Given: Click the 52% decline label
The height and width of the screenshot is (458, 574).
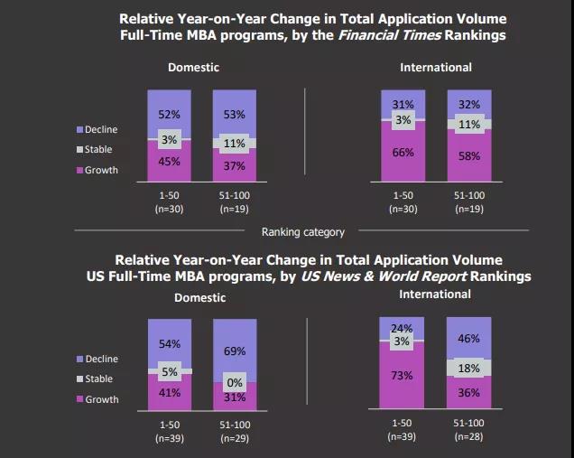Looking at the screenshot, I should pos(169,115).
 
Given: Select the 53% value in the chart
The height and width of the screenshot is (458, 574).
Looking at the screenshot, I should pos(234,115).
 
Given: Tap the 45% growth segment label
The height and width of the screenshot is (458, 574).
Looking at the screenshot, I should pos(169,162).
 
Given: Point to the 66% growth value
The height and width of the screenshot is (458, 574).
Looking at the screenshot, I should pos(403,154).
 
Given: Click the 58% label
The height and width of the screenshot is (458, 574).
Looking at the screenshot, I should pos(468,157).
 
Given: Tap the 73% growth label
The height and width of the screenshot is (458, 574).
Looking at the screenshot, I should pos(403,376).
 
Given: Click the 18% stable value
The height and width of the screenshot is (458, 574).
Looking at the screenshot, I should pos(468,368).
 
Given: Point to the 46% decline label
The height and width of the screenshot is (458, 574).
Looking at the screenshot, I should pos(468,339).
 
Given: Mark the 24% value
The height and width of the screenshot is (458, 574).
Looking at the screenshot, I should pos(403,328).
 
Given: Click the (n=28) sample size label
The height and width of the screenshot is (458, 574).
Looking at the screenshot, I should pos(468,435).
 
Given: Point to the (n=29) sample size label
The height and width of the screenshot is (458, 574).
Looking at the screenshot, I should pos(234,435).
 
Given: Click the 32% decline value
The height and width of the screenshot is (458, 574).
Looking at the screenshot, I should pos(468,105).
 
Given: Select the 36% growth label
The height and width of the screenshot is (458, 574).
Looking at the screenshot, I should pos(468,392).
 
